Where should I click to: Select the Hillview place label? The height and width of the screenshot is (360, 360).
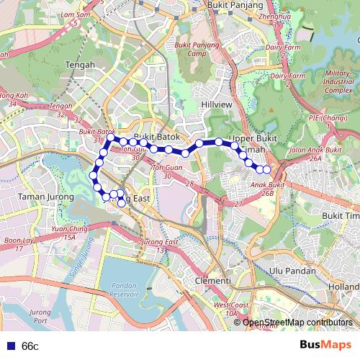pyautogui.click(x=217, y=104)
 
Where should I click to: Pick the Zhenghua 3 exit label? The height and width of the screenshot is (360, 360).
pyautogui.click(x=276, y=19)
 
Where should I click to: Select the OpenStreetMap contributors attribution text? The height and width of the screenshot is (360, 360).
pyautogui.click(x=297, y=323)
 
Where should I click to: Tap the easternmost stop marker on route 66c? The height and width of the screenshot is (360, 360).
pyautogui.click(x=266, y=170)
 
